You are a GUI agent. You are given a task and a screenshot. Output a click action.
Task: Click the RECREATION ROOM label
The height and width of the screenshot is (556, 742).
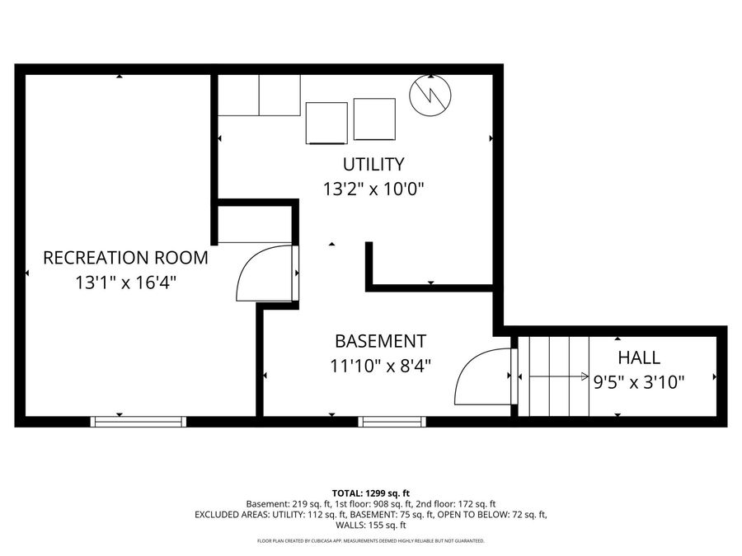[x=125, y=257]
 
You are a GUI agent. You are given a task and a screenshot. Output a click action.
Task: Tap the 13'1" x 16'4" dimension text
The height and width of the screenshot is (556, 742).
[x=125, y=283]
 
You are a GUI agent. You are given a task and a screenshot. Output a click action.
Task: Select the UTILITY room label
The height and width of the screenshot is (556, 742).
[x=373, y=163]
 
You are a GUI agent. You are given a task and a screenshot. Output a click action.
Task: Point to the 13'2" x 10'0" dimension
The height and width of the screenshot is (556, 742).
[x=373, y=189]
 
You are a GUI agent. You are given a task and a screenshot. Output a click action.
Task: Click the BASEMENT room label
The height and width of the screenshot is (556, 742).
[x=380, y=340]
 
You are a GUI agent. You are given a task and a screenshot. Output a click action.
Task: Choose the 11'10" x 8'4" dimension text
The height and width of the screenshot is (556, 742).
[x=380, y=364]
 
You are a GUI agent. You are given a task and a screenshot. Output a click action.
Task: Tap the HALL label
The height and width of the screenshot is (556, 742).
[x=639, y=357]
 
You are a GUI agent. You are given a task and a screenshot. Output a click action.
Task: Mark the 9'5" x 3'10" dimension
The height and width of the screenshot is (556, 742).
[x=639, y=381]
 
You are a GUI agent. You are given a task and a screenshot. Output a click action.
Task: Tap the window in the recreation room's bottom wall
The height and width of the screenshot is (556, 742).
[x=139, y=422]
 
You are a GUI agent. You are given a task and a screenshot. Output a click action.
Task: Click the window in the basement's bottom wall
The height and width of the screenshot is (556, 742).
[x=392, y=422]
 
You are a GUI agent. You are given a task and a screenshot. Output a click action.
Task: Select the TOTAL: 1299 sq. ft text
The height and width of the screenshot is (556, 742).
[x=370, y=493]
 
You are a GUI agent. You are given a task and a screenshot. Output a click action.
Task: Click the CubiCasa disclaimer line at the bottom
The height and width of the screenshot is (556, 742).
[x=370, y=541]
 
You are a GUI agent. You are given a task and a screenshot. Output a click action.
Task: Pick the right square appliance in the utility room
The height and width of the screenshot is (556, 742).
[x=374, y=119]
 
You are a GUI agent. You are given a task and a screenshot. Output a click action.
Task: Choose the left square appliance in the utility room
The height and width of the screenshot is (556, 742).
[x=326, y=123]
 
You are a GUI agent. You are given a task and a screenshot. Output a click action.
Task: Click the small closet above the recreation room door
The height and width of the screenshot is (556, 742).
[x=255, y=224]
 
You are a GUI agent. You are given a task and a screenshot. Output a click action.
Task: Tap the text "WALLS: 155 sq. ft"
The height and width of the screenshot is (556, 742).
[x=370, y=525]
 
